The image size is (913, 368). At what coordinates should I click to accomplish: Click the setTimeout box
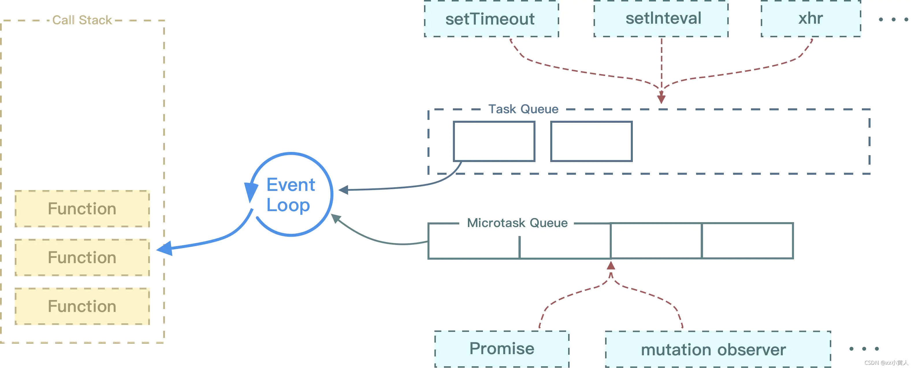pos(491,18)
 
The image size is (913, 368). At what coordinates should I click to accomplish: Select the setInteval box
pos(661,18)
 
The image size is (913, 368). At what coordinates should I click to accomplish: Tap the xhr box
pos(811,18)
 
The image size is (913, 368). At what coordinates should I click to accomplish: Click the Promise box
pos(502,349)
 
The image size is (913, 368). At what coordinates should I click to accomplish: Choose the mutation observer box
pos(718,349)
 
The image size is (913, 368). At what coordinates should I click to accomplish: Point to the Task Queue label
pos(523,109)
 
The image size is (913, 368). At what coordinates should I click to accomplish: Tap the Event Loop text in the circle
pos(290,195)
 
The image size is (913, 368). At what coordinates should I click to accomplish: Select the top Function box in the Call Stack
pos(82,209)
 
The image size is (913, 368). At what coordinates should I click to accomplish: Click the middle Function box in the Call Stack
pos(82,257)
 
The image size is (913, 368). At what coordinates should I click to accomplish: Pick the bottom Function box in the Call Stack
pos(82,306)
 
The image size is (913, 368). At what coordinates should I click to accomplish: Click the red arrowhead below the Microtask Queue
pos(611,265)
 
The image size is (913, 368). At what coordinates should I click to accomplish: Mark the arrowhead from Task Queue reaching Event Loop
pos(343,190)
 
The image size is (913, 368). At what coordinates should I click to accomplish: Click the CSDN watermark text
pos(886,363)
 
